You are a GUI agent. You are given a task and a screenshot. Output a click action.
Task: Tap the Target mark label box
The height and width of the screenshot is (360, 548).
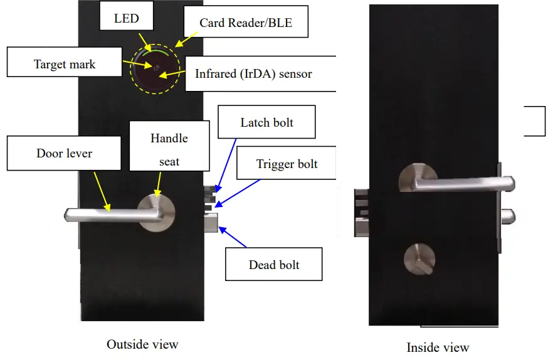(x=64, y=64)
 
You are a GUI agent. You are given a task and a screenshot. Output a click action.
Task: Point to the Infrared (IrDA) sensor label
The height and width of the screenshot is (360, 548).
(x=253, y=74)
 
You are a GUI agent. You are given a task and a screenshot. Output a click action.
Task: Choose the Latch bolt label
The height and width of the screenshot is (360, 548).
(x=266, y=122)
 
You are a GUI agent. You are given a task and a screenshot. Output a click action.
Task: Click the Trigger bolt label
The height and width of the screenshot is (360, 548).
(x=287, y=164)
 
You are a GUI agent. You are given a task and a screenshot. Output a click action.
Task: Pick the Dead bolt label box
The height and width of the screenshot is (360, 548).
(x=274, y=265)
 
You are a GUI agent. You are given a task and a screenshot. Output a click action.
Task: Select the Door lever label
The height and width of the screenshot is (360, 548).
(x=65, y=153)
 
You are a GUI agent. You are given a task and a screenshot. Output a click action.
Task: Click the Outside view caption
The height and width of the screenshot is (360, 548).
(x=142, y=344)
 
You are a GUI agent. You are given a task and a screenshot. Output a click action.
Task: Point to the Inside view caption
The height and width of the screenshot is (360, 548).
(x=438, y=347)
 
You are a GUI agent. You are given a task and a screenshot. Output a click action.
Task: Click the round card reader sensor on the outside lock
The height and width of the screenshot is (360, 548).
(x=157, y=70)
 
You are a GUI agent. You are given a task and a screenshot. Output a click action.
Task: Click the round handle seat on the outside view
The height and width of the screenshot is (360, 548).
(x=156, y=211)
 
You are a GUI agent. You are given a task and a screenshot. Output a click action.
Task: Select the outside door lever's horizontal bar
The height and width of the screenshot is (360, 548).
(x=107, y=214)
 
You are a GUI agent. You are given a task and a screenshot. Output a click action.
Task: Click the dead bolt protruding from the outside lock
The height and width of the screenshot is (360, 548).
(x=210, y=223)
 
